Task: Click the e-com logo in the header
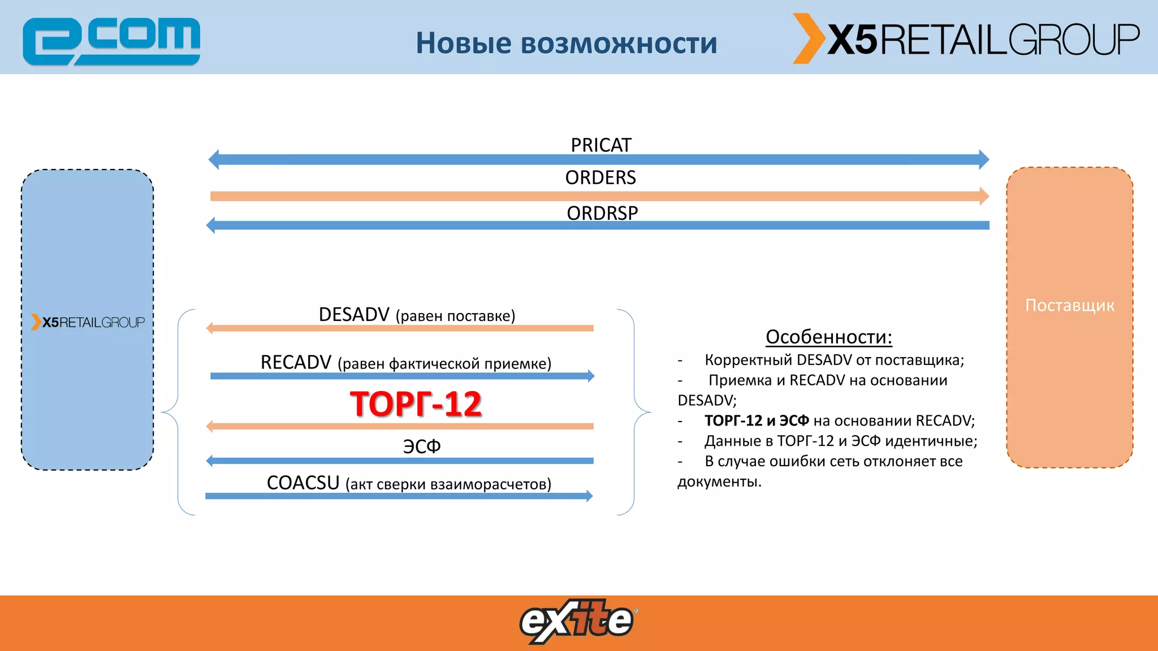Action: (x=111, y=41)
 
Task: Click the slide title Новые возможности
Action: (x=566, y=43)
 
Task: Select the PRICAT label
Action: (x=600, y=145)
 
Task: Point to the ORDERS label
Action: (x=600, y=177)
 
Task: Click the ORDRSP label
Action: (x=602, y=213)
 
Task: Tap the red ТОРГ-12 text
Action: (x=416, y=404)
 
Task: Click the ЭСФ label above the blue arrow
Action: (x=421, y=446)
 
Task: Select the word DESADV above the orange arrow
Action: (x=354, y=314)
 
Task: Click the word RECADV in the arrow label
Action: (x=296, y=362)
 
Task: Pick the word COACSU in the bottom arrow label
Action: (x=303, y=483)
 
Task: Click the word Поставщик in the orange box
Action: (x=1070, y=305)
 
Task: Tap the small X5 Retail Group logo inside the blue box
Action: (x=88, y=322)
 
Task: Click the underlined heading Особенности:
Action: (x=828, y=337)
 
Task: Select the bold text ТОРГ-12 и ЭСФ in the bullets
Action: (x=757, y=420)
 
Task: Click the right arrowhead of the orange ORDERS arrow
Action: (x=984, y=196)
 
